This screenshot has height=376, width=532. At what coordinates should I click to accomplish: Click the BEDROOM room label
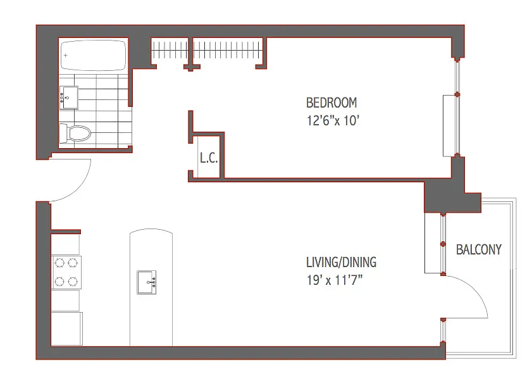[331, 103]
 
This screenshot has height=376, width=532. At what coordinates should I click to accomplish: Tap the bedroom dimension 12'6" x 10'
[333, 120]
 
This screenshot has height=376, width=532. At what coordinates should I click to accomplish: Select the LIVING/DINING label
[341, 262]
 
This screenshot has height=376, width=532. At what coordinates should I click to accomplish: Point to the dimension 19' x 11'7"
[335, 280]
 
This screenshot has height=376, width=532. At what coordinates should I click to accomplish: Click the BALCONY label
[478, 249]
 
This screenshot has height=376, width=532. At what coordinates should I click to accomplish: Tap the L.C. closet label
[209, 158]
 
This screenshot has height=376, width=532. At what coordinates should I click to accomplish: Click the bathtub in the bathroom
[93, 55]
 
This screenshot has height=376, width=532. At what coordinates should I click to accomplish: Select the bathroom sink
[69, 97]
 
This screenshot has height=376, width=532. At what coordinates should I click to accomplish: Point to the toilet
[75, 134]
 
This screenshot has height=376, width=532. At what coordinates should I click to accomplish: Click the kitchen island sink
[147, 282]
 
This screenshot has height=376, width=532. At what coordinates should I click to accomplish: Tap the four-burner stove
[66, 272]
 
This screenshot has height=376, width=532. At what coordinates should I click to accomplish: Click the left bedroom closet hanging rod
[170, 50]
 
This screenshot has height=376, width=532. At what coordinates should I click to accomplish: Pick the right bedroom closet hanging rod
[227, 50]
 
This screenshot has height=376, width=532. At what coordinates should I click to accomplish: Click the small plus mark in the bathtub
[66, 55]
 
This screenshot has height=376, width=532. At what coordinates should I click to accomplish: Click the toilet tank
[63, 134]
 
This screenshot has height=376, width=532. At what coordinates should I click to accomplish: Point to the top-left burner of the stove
[59, 263]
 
